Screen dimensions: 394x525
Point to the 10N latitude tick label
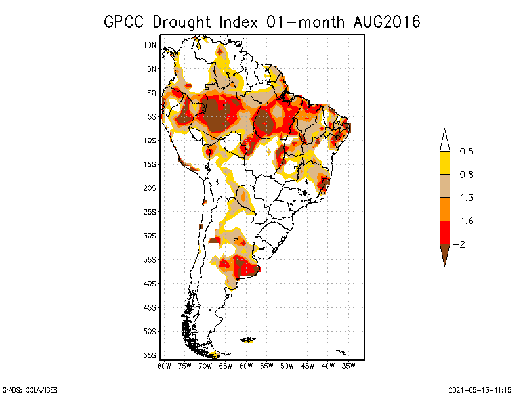(150, 45)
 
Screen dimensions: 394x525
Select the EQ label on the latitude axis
(152, 93)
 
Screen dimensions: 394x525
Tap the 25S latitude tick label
(150, 212)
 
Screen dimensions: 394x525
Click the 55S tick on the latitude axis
(150, 355)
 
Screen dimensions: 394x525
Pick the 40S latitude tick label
(150, 284)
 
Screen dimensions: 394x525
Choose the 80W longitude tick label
(164, 366)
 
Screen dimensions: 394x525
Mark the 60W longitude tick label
(246, 366)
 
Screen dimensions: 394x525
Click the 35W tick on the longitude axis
(348, 366)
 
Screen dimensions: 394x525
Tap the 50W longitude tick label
(287, 366)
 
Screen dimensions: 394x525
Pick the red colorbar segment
(444, 232)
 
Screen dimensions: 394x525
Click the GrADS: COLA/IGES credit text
(25, 389)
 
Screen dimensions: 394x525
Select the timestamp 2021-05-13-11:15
(480, 389)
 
